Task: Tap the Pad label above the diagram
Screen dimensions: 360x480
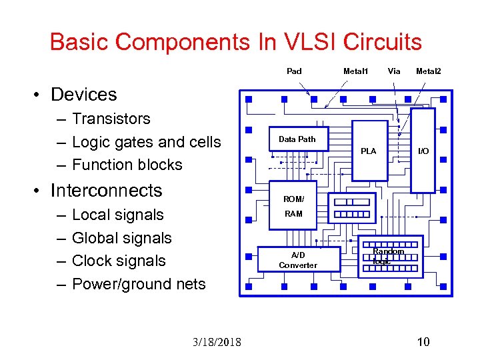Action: pyautogui.click(x=294, y=71)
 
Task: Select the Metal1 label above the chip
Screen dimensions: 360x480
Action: pyautogui.click(x=355, y=71)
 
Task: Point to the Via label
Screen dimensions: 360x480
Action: pyautogui.click(x=394, y=71)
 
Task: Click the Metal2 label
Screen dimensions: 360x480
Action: pyautogui.click(x=428, y=71)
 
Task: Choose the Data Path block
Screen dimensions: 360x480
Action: pyautogui.click(x=297, y=139)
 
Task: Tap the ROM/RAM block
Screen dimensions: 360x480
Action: pyautogui.click(x=293, y=206)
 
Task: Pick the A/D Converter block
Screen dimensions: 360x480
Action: pyautogui.click(x=293, y=260)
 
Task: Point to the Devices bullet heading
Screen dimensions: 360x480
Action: pyautogui.click(x=83, y=95)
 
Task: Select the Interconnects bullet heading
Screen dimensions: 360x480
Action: pyautogui.click(x=106, y=191)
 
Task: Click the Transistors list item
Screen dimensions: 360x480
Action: pyautogui.click(x=111, y=119)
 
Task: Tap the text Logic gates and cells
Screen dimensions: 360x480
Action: pyautogui.click(x=146, y=142)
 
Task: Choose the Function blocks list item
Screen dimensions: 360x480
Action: pyautogui.click(x=127, y=165)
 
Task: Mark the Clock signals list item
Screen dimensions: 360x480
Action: pyautogui.click(x=118, y=261)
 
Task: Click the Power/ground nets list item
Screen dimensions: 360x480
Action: pyautogui.click(x=138, y=284)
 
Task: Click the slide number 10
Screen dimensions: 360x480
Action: pyautogui.click(x=423, y=342)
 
